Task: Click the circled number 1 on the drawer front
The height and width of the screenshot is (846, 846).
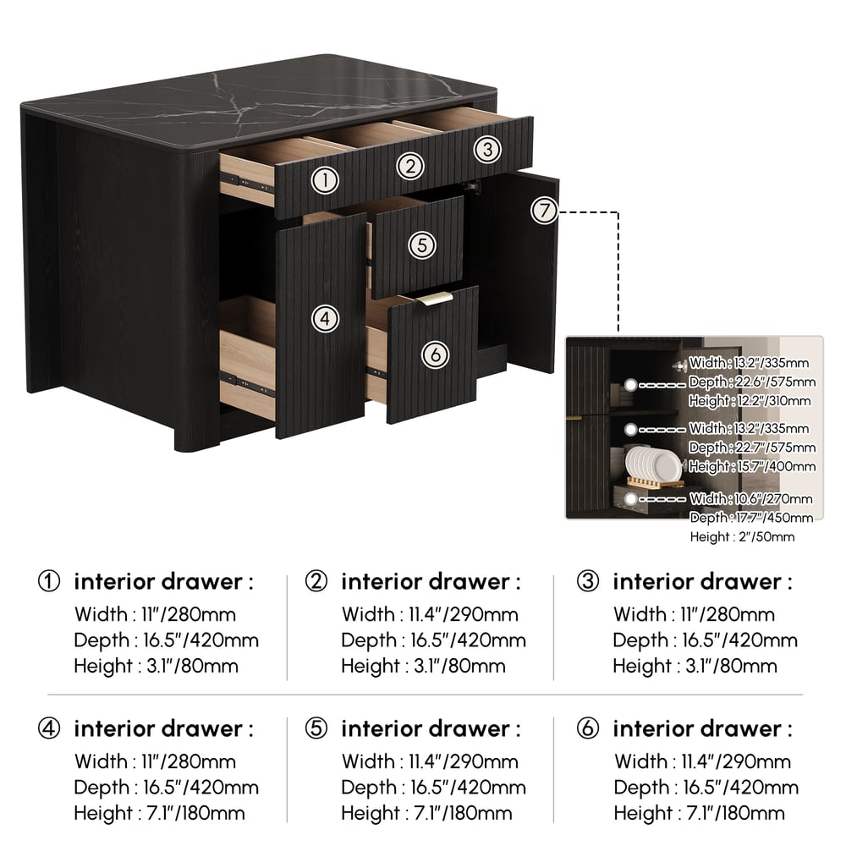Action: pos(325,180)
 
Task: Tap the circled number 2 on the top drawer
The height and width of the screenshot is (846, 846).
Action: pos(410,166)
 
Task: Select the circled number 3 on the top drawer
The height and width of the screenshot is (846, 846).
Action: pos(488,149)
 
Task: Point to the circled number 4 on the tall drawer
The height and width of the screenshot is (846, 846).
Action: pos(325,318)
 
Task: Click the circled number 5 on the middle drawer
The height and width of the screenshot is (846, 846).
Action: pos(422,245)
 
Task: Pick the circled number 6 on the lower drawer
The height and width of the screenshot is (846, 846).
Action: pos(436,354)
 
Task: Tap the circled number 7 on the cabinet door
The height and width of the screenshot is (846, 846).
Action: pos(544,211)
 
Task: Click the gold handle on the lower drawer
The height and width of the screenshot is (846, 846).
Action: pos(434,299)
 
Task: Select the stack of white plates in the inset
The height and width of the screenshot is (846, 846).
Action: pos(653,464)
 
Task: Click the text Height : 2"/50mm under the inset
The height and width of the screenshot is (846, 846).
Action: pos(742,537)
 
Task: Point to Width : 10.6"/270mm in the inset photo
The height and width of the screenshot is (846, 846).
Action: pos(751,498)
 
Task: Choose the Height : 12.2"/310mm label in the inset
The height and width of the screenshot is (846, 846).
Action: pos(750,401)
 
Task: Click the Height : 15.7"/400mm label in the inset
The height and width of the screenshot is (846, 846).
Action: pos(752,466)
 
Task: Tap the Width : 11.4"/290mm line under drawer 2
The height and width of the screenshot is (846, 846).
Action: pos(430,614)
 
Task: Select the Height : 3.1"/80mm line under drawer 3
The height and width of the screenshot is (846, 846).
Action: pos(695,666)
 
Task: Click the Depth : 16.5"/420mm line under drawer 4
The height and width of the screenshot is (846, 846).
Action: pos(166,787)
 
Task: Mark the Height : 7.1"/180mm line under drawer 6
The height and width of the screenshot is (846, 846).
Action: pos(700,813)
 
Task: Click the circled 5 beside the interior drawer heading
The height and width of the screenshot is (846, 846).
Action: pos(316,728)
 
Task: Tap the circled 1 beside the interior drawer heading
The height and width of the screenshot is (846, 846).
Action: pos(49,581)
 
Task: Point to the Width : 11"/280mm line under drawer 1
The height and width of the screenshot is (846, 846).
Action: pos(156,614)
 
